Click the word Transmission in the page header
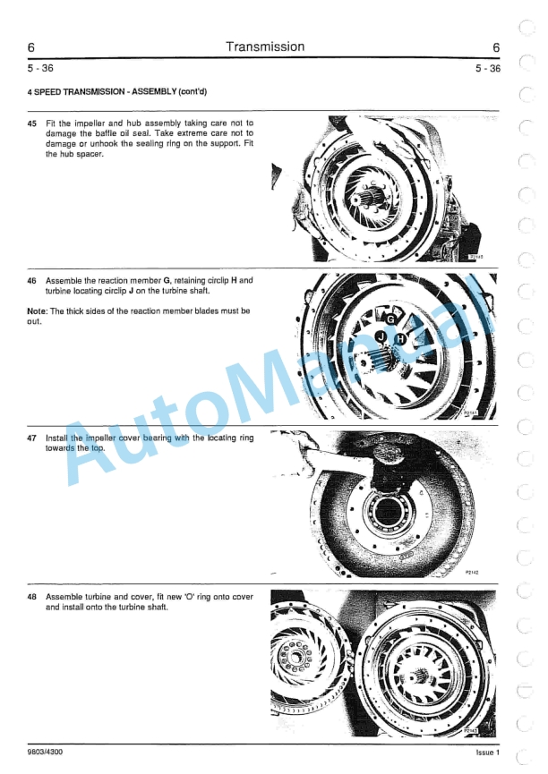tap(265, 47)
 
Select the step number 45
tap(32, 123)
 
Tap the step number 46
tap(32, 280)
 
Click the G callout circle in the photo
tap(390, 318)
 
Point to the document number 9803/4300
tap(45, 753)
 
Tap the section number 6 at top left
tap(31, 47)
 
